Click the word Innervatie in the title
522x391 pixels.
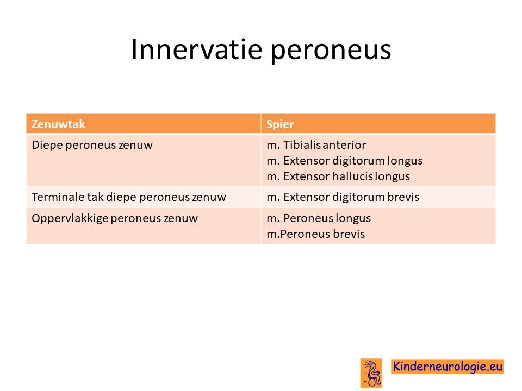pos(197,49)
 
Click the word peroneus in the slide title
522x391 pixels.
pos(331,52)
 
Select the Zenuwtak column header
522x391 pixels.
pos(59,124)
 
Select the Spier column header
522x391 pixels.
pos(280,124)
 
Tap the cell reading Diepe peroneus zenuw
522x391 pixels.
pos(92,145)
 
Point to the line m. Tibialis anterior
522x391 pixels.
pos(316,145)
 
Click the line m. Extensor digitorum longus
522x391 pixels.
pos(345,161)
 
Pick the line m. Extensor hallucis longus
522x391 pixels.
pos(338,176)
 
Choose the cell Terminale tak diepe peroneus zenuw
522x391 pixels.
pos(129,197)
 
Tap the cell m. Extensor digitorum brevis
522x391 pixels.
pos(343,197)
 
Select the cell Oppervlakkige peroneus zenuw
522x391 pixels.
pos(115,218)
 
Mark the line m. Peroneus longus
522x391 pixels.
pos(319,218)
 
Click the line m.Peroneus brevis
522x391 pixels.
pos(315,234)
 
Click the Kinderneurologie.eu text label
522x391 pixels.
pos(448,367)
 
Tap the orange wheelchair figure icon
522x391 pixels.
pos(371,373)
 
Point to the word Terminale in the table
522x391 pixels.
pos(58,197)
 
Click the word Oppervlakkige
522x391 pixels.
pos(70,218)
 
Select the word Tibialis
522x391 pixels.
pos(302,145)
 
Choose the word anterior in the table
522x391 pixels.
pos(344,145)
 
